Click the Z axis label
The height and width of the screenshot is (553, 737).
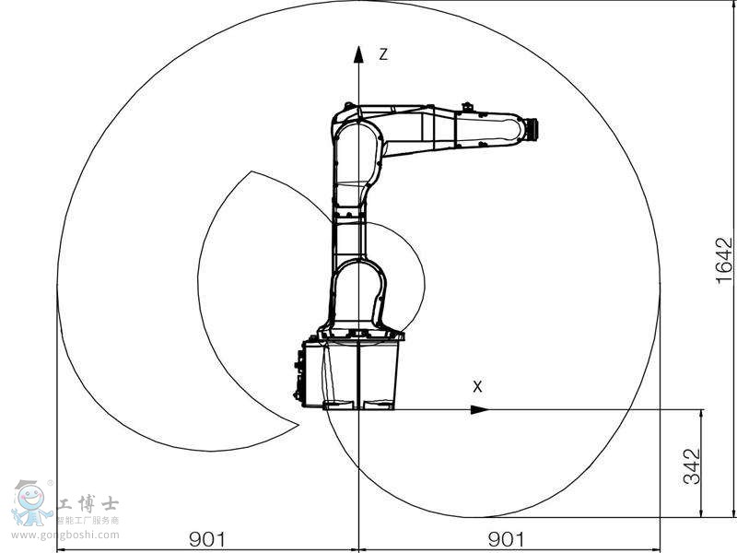coord(383,54)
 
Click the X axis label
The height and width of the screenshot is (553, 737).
coord(477,387)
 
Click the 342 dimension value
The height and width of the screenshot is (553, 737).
coord(693,465)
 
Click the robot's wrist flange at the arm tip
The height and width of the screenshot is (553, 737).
coord(530,130)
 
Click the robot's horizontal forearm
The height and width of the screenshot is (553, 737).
coord(451,129)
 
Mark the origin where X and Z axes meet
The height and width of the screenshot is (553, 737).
coord(358,409)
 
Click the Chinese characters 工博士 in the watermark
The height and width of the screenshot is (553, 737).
coord(88,504)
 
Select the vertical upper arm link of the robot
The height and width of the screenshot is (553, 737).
coord(350,221)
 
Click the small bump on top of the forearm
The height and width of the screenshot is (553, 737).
coord(467,107)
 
